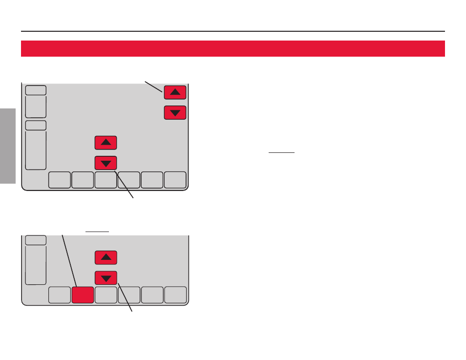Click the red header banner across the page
233,48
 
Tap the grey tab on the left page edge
8,146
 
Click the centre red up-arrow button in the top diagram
106,143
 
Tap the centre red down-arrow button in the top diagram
106,163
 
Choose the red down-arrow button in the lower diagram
106,278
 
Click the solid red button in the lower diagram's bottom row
83,295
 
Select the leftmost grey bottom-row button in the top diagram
60,180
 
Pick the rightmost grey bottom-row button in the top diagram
175,180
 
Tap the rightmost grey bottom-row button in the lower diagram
175,295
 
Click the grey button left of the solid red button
60,295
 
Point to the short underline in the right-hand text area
282,152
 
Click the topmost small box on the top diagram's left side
36,90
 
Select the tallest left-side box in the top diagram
36,150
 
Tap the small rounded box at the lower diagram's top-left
36,240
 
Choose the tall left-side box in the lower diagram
36,265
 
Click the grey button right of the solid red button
106,295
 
